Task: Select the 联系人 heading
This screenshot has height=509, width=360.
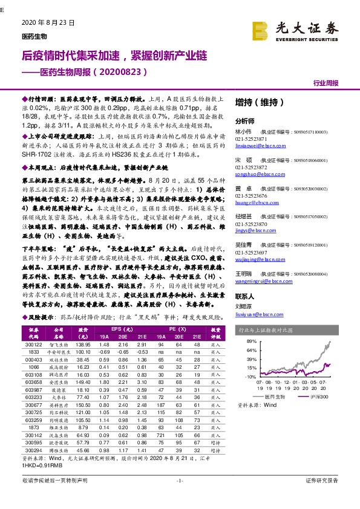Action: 245,296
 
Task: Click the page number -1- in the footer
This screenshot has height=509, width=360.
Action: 179,498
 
